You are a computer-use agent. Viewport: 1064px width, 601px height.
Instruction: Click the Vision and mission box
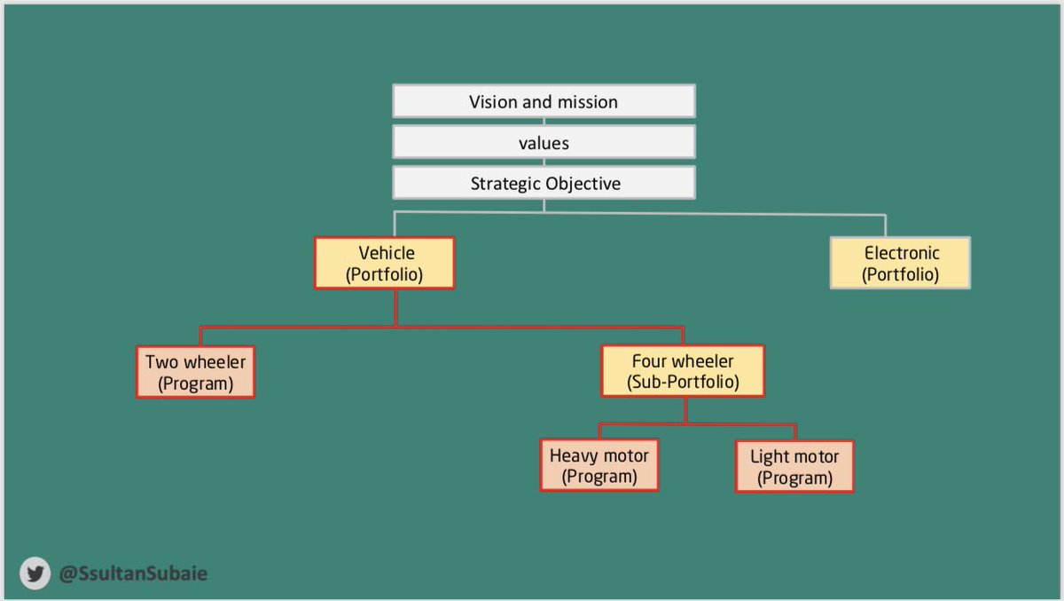(544, 101)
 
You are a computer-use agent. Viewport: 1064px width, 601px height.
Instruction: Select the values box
(544, 142)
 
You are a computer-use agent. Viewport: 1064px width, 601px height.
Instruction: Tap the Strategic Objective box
(544, 184)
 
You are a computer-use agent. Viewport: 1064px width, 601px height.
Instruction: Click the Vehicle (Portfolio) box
(385, 263)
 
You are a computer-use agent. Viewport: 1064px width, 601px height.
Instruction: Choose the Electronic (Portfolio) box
(900, 263)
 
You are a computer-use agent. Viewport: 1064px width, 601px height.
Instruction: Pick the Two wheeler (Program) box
(195, 372)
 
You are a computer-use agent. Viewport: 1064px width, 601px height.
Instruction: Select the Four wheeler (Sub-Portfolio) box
(683, 371)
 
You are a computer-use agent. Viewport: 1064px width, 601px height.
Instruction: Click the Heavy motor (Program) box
(599, 465)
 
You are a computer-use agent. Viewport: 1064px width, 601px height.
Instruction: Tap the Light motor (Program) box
(794, 466)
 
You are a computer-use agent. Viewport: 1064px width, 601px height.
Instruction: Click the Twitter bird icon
(35, 574)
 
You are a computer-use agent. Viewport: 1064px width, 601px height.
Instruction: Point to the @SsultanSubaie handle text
(133, 574)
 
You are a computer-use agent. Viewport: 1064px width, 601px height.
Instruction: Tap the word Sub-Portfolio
(683, 383)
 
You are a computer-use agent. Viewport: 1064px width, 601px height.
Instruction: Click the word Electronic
(902, 253)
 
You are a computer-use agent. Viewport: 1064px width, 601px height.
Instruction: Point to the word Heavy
(573, 455)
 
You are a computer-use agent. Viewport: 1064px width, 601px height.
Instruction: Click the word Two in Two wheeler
(162, 362)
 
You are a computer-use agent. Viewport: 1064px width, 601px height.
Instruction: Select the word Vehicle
(387, 253)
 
